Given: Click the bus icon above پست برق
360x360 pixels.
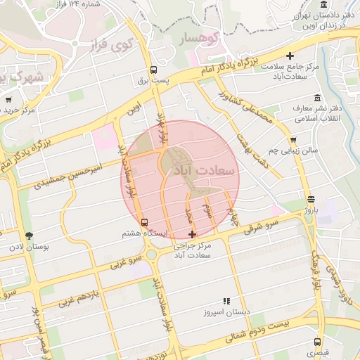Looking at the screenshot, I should tap(153, 70).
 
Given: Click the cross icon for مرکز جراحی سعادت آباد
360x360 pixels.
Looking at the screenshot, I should tap(193, 233).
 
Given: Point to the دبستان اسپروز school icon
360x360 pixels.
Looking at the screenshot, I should tap(226, 300).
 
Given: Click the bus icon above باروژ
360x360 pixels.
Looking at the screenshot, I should tap(311, 199).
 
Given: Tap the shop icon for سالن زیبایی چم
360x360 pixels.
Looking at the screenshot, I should tap(293, 139).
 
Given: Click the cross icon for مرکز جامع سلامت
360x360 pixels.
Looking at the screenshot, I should tap(290, 56).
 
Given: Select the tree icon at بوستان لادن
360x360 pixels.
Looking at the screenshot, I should tap(29, 236).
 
